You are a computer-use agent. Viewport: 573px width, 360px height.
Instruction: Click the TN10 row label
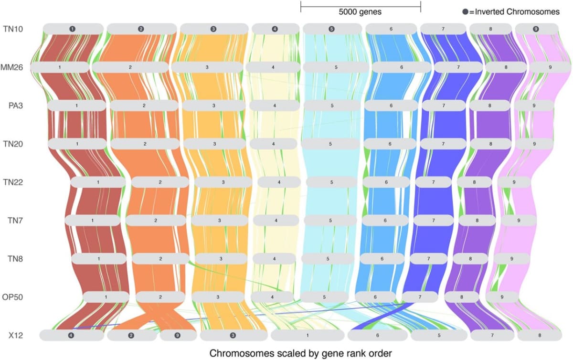click(x=13, y=29)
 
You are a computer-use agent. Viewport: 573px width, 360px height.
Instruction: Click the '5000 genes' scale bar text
click(x=360, y=12)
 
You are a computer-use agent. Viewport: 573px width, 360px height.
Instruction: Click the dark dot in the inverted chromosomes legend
click(x=465, y=12)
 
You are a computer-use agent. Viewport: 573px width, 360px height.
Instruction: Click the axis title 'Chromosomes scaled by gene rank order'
click(x=300, y=353)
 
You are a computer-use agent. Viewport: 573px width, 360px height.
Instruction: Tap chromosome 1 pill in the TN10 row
click(x=73, y=29)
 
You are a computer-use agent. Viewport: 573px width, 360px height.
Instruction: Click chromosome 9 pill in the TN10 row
click(x=536, y=29)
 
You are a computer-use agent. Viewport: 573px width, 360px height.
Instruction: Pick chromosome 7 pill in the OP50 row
click(x=420, y=297)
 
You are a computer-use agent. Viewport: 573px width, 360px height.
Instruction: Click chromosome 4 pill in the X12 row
click(x=71, y=335)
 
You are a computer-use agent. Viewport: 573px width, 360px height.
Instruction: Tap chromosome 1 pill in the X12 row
click(x=307, y=335)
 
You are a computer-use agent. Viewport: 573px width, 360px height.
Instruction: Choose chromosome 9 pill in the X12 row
click(x=177, y=335)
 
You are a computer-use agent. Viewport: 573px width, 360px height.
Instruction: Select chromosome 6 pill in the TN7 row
click(x=385, y=220)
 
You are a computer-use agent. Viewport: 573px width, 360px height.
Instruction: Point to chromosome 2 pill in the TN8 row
click(x=161, y=258)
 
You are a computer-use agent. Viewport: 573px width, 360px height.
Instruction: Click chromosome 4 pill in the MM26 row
click(x=273, y=67)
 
